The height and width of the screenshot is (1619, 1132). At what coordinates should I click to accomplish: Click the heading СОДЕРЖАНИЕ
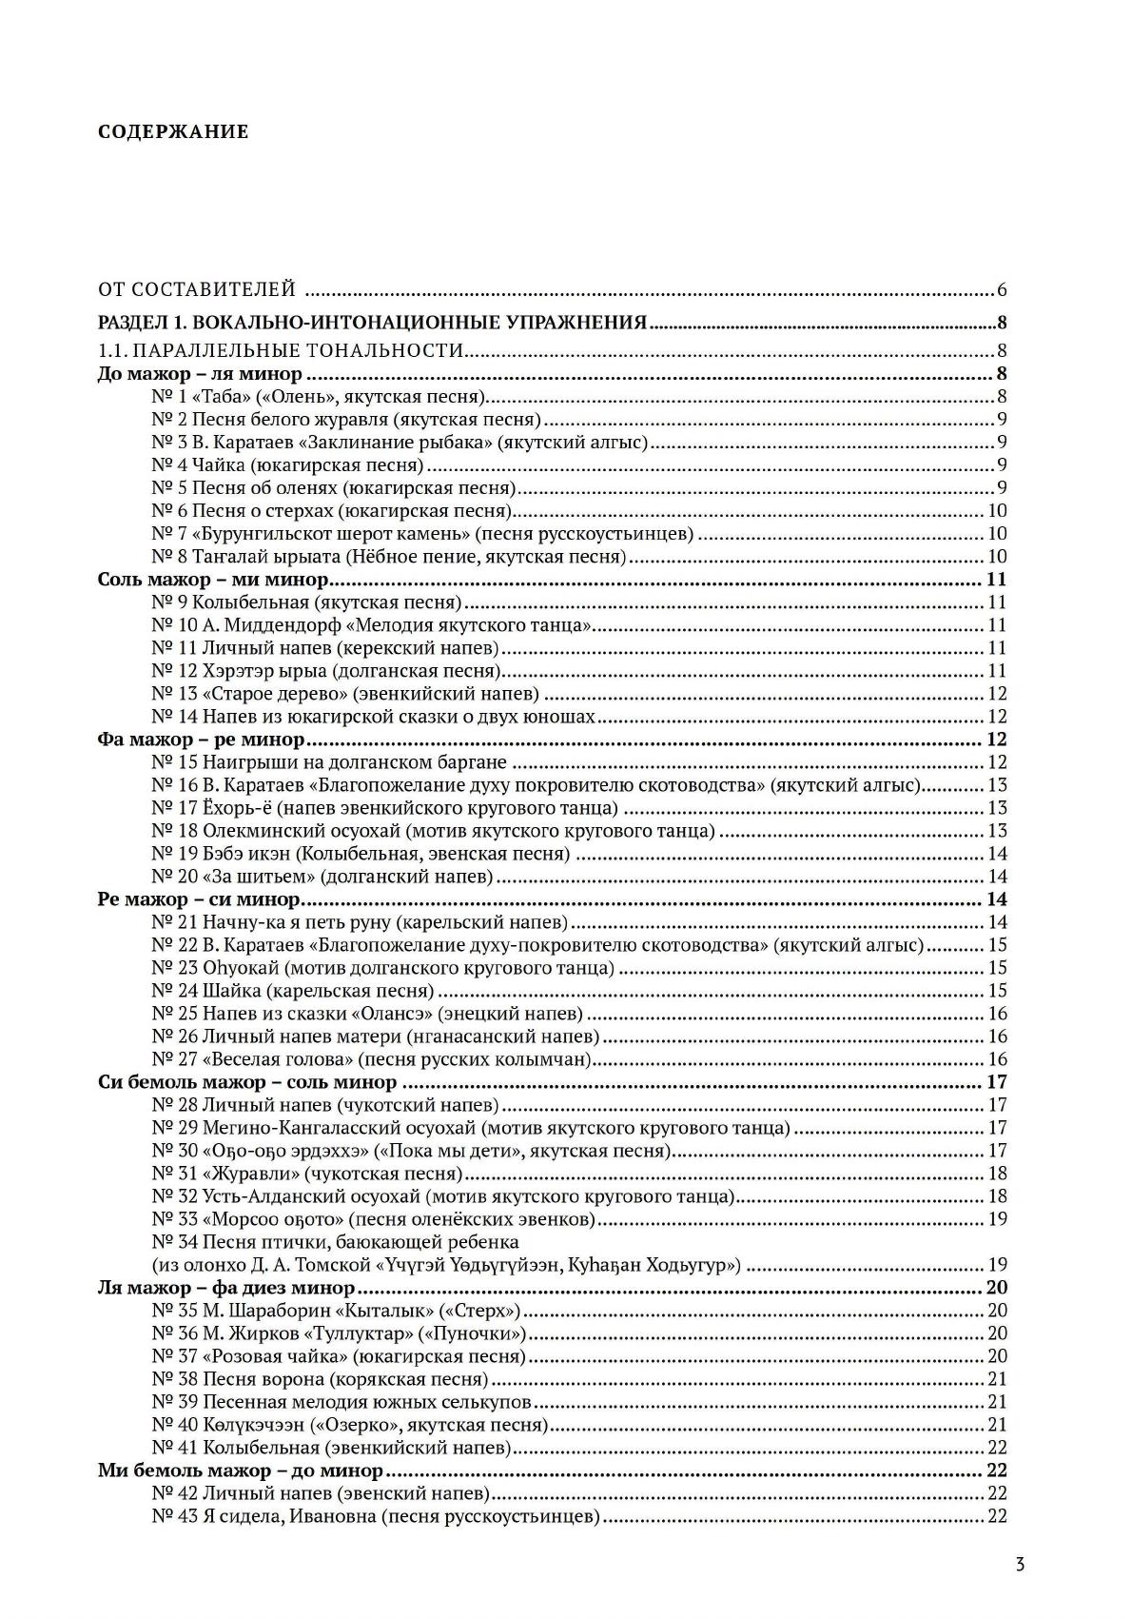pos(173,132)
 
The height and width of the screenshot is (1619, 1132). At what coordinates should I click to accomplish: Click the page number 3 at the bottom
pos(1019,1564)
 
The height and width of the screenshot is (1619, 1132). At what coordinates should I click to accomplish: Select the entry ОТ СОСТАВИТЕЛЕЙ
pos(197,289)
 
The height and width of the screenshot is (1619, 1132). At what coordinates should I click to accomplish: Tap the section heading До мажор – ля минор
pos(200,374)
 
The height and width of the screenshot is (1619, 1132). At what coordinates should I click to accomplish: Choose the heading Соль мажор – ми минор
pos(213,580)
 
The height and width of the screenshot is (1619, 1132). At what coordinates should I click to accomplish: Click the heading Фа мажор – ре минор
pos(201,740)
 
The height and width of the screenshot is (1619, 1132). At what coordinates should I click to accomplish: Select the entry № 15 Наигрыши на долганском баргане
pos(329,762)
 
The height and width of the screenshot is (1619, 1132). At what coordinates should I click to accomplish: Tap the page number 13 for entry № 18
pos(997,831)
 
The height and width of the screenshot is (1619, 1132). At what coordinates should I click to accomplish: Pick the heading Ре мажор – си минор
pos(199,899)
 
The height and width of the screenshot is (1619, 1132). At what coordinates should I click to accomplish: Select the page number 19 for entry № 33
pos(997,1219)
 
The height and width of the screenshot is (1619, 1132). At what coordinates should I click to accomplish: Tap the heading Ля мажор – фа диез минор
pos(226,1288)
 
